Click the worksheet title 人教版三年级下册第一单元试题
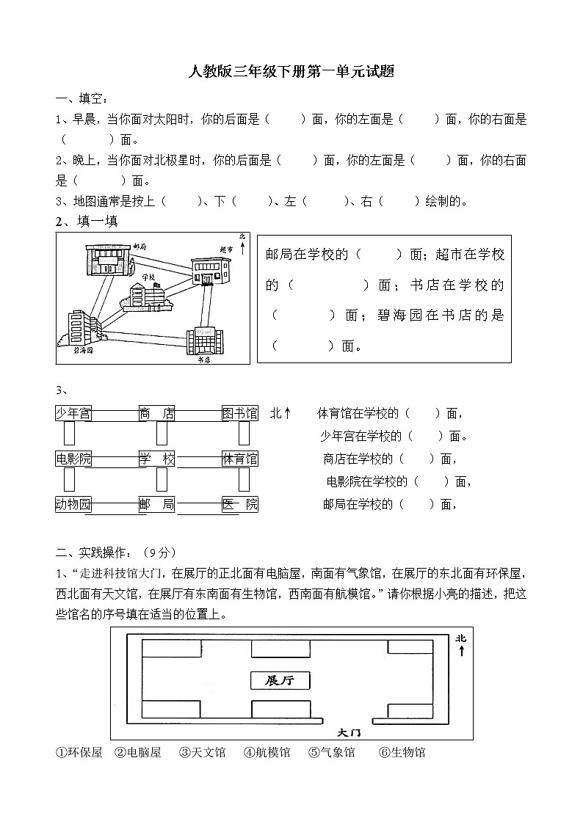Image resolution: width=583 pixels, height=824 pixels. click(x=291, y=72)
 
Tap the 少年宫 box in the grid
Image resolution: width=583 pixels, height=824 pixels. click(x=73, y=414)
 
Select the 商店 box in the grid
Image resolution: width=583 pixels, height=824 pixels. click(x=157, y=414)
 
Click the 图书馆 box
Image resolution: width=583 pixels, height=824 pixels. click(x=240, y=414)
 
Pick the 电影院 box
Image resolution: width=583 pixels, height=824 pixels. click(x=73, y=459)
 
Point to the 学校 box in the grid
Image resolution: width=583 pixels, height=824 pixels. click(x=157, y=459)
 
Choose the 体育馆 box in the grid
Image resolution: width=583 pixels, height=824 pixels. click(x=240, y=459)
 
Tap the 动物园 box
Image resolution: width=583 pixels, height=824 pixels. click(x=73, y=504)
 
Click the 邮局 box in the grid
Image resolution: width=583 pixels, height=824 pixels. click(x=157, y=504)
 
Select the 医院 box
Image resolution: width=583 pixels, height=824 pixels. click(x=240, y=504)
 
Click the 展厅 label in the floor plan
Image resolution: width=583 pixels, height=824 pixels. click(x=280, y=680)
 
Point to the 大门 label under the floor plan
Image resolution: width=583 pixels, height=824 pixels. click(x=349, y=732)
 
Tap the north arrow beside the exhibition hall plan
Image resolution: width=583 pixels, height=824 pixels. click(x=461, y=645)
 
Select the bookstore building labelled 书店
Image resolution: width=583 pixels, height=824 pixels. click(x=204, y=340)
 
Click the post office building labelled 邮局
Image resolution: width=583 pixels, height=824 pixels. click(x=108, y=260)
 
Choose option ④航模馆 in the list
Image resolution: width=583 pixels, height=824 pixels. click(x=267, y=752)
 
